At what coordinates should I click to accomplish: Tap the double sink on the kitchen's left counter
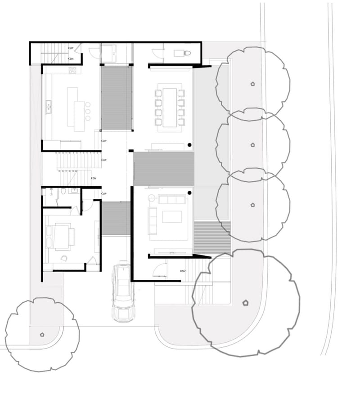tap(48, 107)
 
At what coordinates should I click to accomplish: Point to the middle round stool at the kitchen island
tap(87, 111)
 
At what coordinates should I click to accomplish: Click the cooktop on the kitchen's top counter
tap(72, 70)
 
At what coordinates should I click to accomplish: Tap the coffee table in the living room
tap(171, 217)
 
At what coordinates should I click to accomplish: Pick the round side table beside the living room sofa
tap(151, 198)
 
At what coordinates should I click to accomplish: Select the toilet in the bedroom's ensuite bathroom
tap(63, 191)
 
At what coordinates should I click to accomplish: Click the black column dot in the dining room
tap(189, 145)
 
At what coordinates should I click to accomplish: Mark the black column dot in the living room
tap(189, 193)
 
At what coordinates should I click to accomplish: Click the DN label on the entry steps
tap(183, 271)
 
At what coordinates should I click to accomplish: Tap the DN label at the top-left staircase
tap(71, 58)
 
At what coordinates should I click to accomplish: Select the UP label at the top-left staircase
tap(71, 48)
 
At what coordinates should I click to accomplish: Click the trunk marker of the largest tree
tap(245, 303)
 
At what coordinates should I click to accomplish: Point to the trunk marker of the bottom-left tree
tap(42, 334)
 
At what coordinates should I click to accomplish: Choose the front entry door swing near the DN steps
tap(159, 270)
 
